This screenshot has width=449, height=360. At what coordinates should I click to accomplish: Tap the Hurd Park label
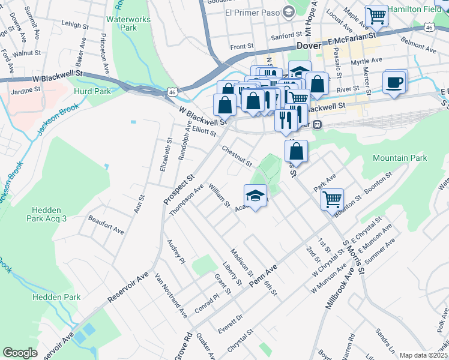tap(92, 91)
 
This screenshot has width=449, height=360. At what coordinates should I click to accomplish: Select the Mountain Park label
tap(400, 158)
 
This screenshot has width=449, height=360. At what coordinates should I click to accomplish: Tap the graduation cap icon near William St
tap(255, 196)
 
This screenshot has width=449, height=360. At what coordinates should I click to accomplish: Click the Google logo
tap(20, 353)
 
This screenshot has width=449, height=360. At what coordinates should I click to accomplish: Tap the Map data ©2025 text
tap(423, 355)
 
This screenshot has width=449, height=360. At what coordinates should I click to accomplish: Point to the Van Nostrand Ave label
tap(171, 296)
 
